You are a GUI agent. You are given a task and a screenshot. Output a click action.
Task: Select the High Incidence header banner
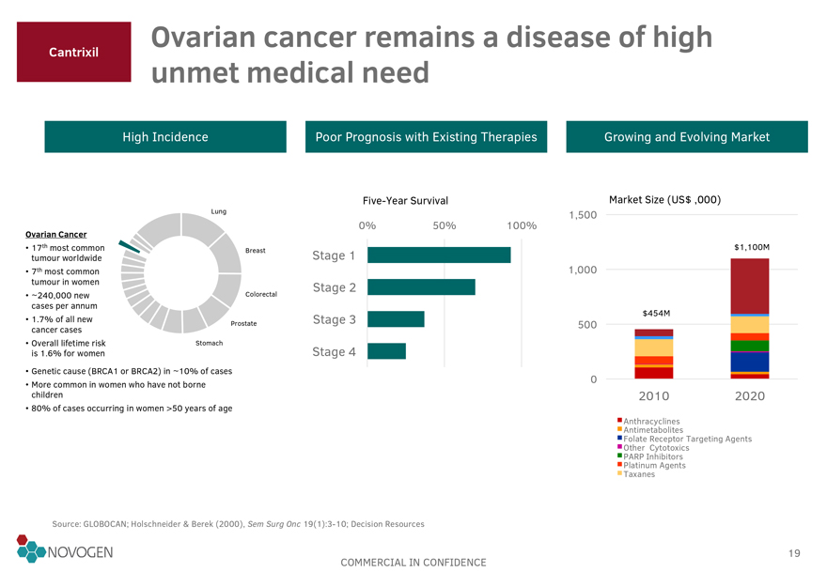(x=165, y=137)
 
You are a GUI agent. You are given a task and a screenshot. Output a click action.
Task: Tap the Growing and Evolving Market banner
(x=687, y=137)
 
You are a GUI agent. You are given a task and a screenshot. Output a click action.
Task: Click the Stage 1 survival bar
(x=439, y=255)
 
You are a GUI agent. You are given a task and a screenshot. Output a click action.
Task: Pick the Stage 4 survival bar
(x=386, y=351)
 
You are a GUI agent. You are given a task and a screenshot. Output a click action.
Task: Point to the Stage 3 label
(x=334, y=320)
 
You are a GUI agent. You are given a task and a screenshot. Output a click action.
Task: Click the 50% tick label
(x=445, y=225)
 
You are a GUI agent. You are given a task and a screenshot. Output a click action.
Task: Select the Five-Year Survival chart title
(x=405, y=201)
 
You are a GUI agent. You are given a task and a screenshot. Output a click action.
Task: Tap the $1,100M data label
(x=751, y=247)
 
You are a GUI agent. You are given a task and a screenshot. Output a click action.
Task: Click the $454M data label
(x=654, y=313)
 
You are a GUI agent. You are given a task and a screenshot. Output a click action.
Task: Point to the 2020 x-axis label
(x=749, y=396)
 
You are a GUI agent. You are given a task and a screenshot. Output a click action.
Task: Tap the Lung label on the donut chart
(x=219, y=210)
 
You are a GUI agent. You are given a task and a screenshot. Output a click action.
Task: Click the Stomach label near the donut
(x=209, y=343)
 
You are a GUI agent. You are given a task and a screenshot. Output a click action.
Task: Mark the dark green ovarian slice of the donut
(x=129, y=248)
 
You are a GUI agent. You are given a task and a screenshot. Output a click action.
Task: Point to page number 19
(x=795, y=553)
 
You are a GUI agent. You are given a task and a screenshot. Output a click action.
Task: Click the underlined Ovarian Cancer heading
(x=56, y=234)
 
